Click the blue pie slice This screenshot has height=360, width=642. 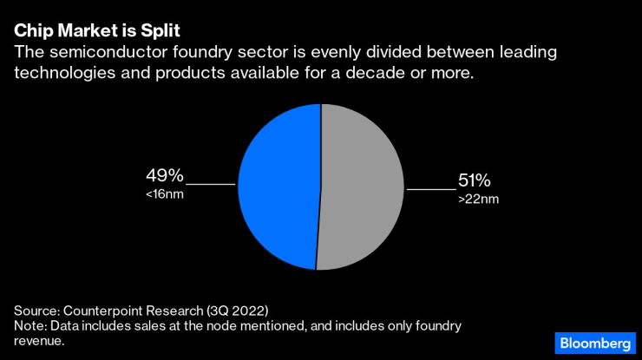pos(278,187)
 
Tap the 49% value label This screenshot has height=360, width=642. pos(165,177)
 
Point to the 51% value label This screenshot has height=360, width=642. pos(475,181)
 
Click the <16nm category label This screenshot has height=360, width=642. pos(165,193)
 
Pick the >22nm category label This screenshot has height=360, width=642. pos(479,199)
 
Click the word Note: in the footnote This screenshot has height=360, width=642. pos(32,325)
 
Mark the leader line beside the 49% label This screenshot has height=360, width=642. pos(211,184)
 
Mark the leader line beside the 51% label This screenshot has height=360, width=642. pos(431,189)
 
